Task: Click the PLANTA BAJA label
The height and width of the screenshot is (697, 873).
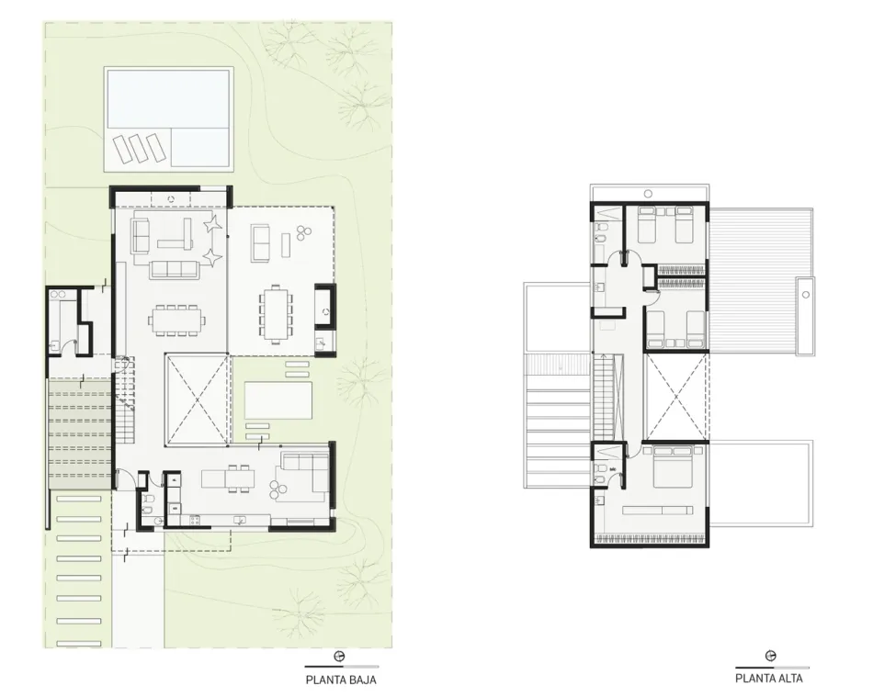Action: click(341, 680)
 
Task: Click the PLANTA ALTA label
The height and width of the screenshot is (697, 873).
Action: click(768, 678)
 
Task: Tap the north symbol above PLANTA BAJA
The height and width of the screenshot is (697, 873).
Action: click(338, 657)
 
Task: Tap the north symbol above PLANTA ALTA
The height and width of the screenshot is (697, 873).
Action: click(771, 656)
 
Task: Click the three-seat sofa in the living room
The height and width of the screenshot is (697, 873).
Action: click(175, 269)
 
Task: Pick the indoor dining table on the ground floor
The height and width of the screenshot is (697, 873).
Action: click(176, 320)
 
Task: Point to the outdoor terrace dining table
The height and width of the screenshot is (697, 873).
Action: click(276, 313)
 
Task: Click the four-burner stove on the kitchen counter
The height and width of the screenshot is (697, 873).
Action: click(195, 521)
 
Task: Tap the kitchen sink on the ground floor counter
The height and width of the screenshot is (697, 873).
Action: click(240, 521)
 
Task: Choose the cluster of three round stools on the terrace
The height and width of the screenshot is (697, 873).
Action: click(303, 232)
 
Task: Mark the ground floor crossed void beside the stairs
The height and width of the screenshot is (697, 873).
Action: click(197, 399)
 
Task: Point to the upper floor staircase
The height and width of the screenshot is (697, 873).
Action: click(605, 399)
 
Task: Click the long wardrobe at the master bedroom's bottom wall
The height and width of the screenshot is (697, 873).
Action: click(650, 538)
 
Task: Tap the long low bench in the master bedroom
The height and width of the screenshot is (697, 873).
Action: click(658, 510)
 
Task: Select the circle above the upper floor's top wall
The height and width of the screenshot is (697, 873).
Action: click(648, 194)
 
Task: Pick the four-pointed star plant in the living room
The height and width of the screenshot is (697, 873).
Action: click(212, 225)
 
